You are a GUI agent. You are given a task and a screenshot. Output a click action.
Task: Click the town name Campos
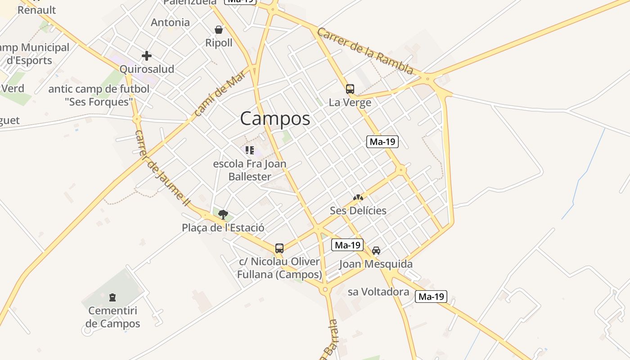click(275, 119)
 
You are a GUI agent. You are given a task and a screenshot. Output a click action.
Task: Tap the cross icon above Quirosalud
click(147, 56)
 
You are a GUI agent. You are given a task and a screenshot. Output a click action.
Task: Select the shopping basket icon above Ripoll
click(219, 30)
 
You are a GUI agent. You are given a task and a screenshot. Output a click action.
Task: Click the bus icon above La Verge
click(350, 89)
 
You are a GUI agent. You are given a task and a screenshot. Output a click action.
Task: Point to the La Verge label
click(350, 103)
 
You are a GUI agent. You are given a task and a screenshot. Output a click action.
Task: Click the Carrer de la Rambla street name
click(365, 51)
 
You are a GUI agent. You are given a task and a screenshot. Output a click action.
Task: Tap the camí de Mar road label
click(220, 94)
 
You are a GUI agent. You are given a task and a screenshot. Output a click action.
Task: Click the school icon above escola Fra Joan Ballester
click(250, 150)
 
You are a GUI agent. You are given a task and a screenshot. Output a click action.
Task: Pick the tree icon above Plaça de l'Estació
click(223, 214)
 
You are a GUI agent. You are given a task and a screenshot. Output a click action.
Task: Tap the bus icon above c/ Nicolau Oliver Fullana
click(279, 248)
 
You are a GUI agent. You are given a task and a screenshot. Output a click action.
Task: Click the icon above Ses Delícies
click(358, 197)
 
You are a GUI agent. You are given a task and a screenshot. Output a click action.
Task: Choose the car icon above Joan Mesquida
click(376, 251)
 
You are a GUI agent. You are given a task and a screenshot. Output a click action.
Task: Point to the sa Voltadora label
click(378, 292)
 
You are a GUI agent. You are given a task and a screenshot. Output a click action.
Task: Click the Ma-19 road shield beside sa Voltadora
click(431, 297)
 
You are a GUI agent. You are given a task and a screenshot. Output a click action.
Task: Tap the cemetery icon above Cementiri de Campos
click(112, 297)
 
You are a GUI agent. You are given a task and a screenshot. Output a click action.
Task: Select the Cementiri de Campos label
click(113, 317)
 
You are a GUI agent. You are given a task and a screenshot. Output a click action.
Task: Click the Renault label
click(37, 10)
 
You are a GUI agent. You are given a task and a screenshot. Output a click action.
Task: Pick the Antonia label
click(170, 22)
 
